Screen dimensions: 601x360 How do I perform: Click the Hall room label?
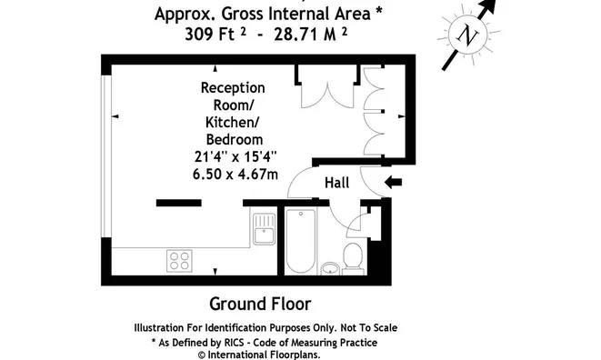pos(337,183)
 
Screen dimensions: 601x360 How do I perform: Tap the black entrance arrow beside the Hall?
pos(393,183)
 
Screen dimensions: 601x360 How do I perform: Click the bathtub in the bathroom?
pos(301,242)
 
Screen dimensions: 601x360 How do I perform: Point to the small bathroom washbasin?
pos(330,269)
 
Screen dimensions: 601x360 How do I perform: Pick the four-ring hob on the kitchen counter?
pos(179,261)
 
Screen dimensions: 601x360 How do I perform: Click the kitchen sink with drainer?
pos(264,229)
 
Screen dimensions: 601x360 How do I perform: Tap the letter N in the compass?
pos(467,35)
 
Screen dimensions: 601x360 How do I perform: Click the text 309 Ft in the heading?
pos(209,35)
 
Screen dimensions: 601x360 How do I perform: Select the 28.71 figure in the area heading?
pos(295,35)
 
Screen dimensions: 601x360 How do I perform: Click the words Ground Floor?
pos(260,304)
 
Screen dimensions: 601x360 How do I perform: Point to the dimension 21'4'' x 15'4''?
pos(235,156)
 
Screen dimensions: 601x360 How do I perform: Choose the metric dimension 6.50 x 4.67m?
pos(235,174)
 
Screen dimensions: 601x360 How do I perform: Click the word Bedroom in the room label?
pos(235,140)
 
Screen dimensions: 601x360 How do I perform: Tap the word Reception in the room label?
pos(233,88)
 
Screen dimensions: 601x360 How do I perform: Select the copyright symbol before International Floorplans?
pos(202,355)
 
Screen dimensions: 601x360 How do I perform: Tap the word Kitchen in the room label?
pos(232,123)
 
